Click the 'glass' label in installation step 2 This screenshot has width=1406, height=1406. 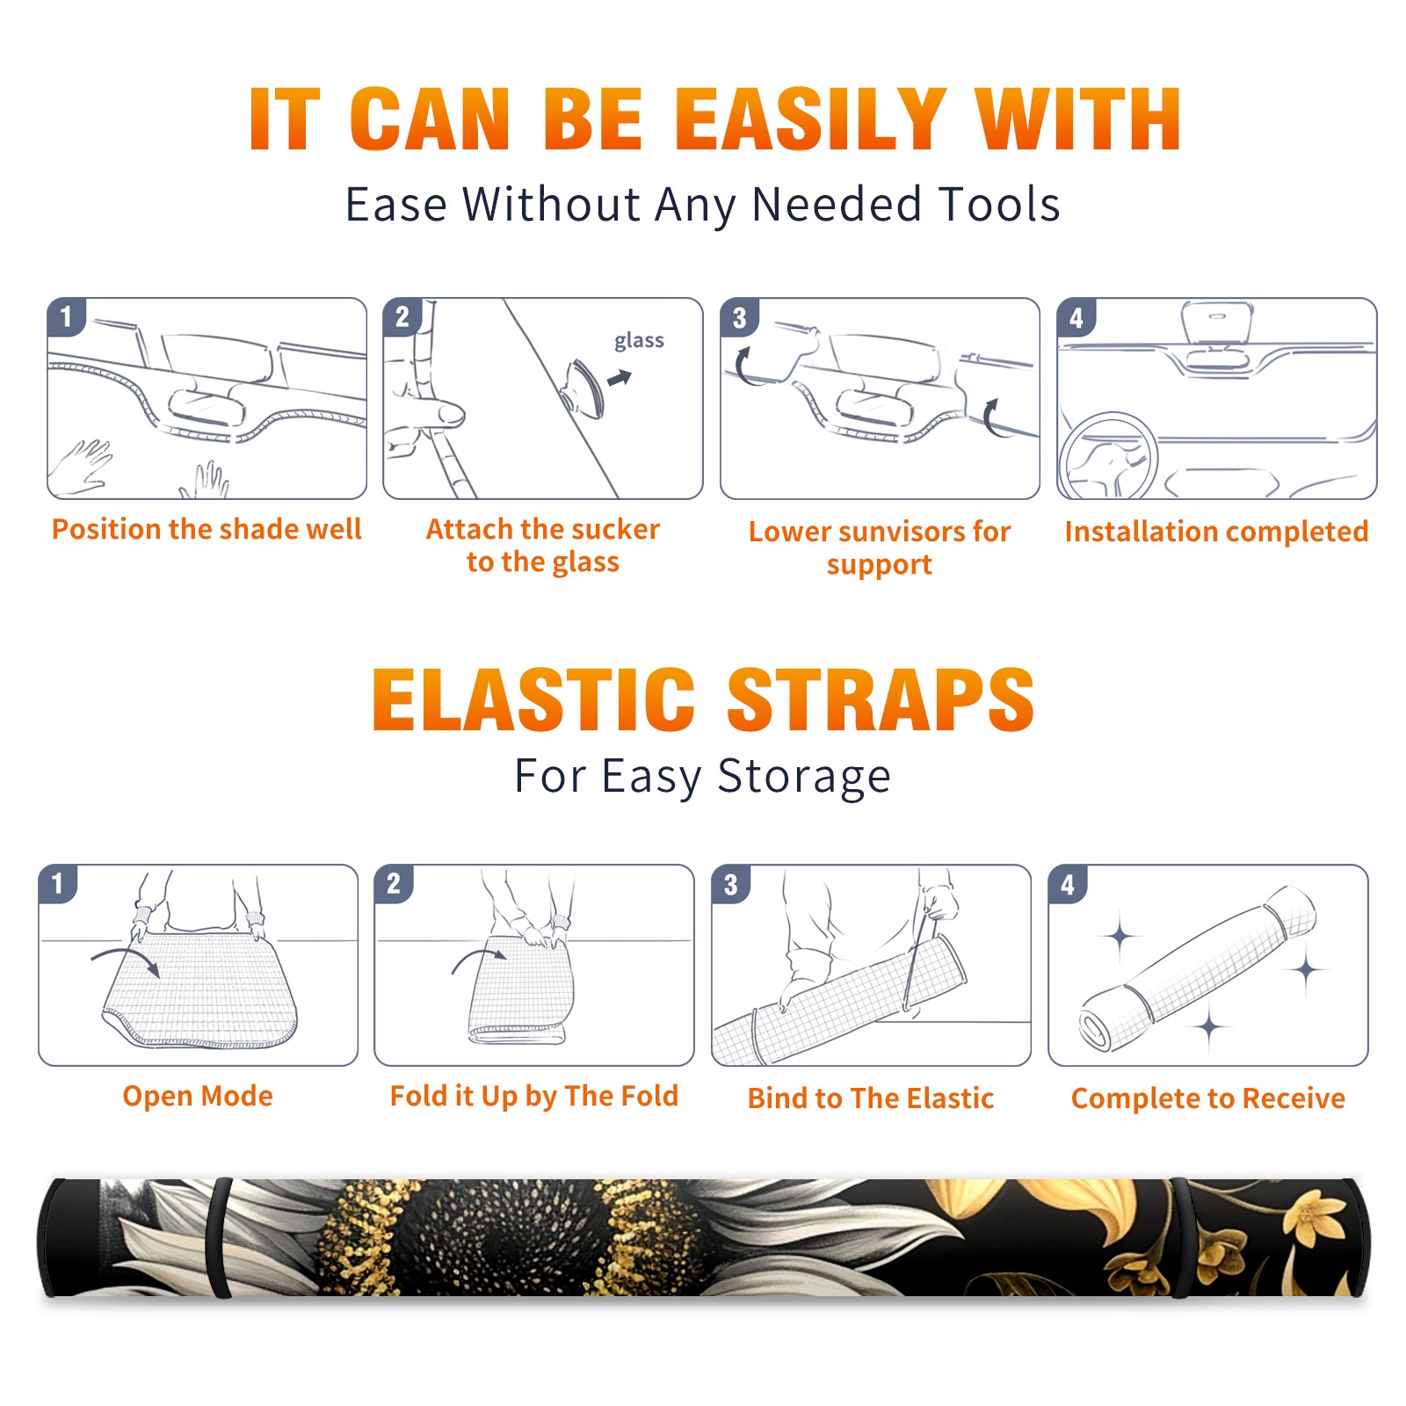click(x=639, y=341)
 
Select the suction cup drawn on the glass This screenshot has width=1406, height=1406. click(x=583, y=388)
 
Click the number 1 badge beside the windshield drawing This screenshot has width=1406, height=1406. click(x=66, y=315)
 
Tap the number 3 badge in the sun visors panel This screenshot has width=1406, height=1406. click(x=739, y=317)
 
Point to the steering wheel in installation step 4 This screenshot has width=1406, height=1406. click(x=1108, y=456)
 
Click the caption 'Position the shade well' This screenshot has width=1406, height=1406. click(x=207, y=529)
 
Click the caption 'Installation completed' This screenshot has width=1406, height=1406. click(x=1216, y=532)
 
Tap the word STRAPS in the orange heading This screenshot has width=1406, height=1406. click(x=881, y=699)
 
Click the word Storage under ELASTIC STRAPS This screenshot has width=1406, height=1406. click(x=804, y=778)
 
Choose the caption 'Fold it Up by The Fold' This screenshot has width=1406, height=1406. click(x=534, y=1097)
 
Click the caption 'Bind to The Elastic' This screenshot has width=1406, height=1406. click(x=871, y=1098)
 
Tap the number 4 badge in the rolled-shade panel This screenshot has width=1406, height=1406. click(x=1068, y=884)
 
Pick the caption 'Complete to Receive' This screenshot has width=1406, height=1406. click(x=1208, y=1098)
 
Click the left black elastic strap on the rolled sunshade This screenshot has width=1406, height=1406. click(x=219, y=1238)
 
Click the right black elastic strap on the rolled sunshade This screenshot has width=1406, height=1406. click(x=1179, y=1238)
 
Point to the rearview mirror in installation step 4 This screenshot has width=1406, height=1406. click(x=1217, y=323)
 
